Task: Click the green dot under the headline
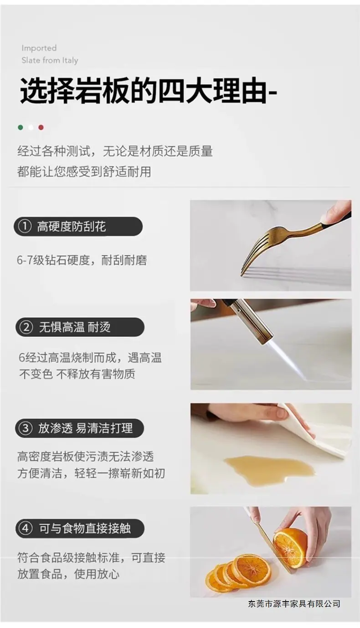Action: coord(21,127)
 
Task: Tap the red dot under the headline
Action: coord(41,127)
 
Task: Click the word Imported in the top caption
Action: coord(39,48)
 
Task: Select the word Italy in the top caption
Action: coord(70,61)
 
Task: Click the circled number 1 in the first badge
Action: coord(25,226)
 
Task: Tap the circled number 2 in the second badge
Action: coord(26,327)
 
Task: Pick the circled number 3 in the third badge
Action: coord(26,428)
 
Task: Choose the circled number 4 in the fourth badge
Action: coord(26,529)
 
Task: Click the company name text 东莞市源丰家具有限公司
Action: coord(294,603)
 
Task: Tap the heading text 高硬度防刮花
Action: coord(72,226)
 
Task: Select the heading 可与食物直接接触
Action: coord(85,529)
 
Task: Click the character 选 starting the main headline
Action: coord(34,91)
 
